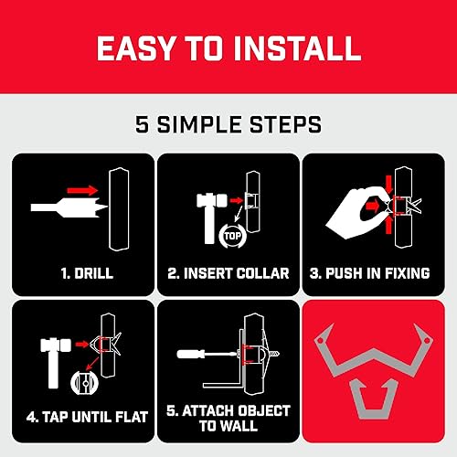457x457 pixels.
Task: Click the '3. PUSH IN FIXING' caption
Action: [x=375, y=272]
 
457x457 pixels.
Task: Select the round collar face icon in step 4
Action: [x=85, y=381]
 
